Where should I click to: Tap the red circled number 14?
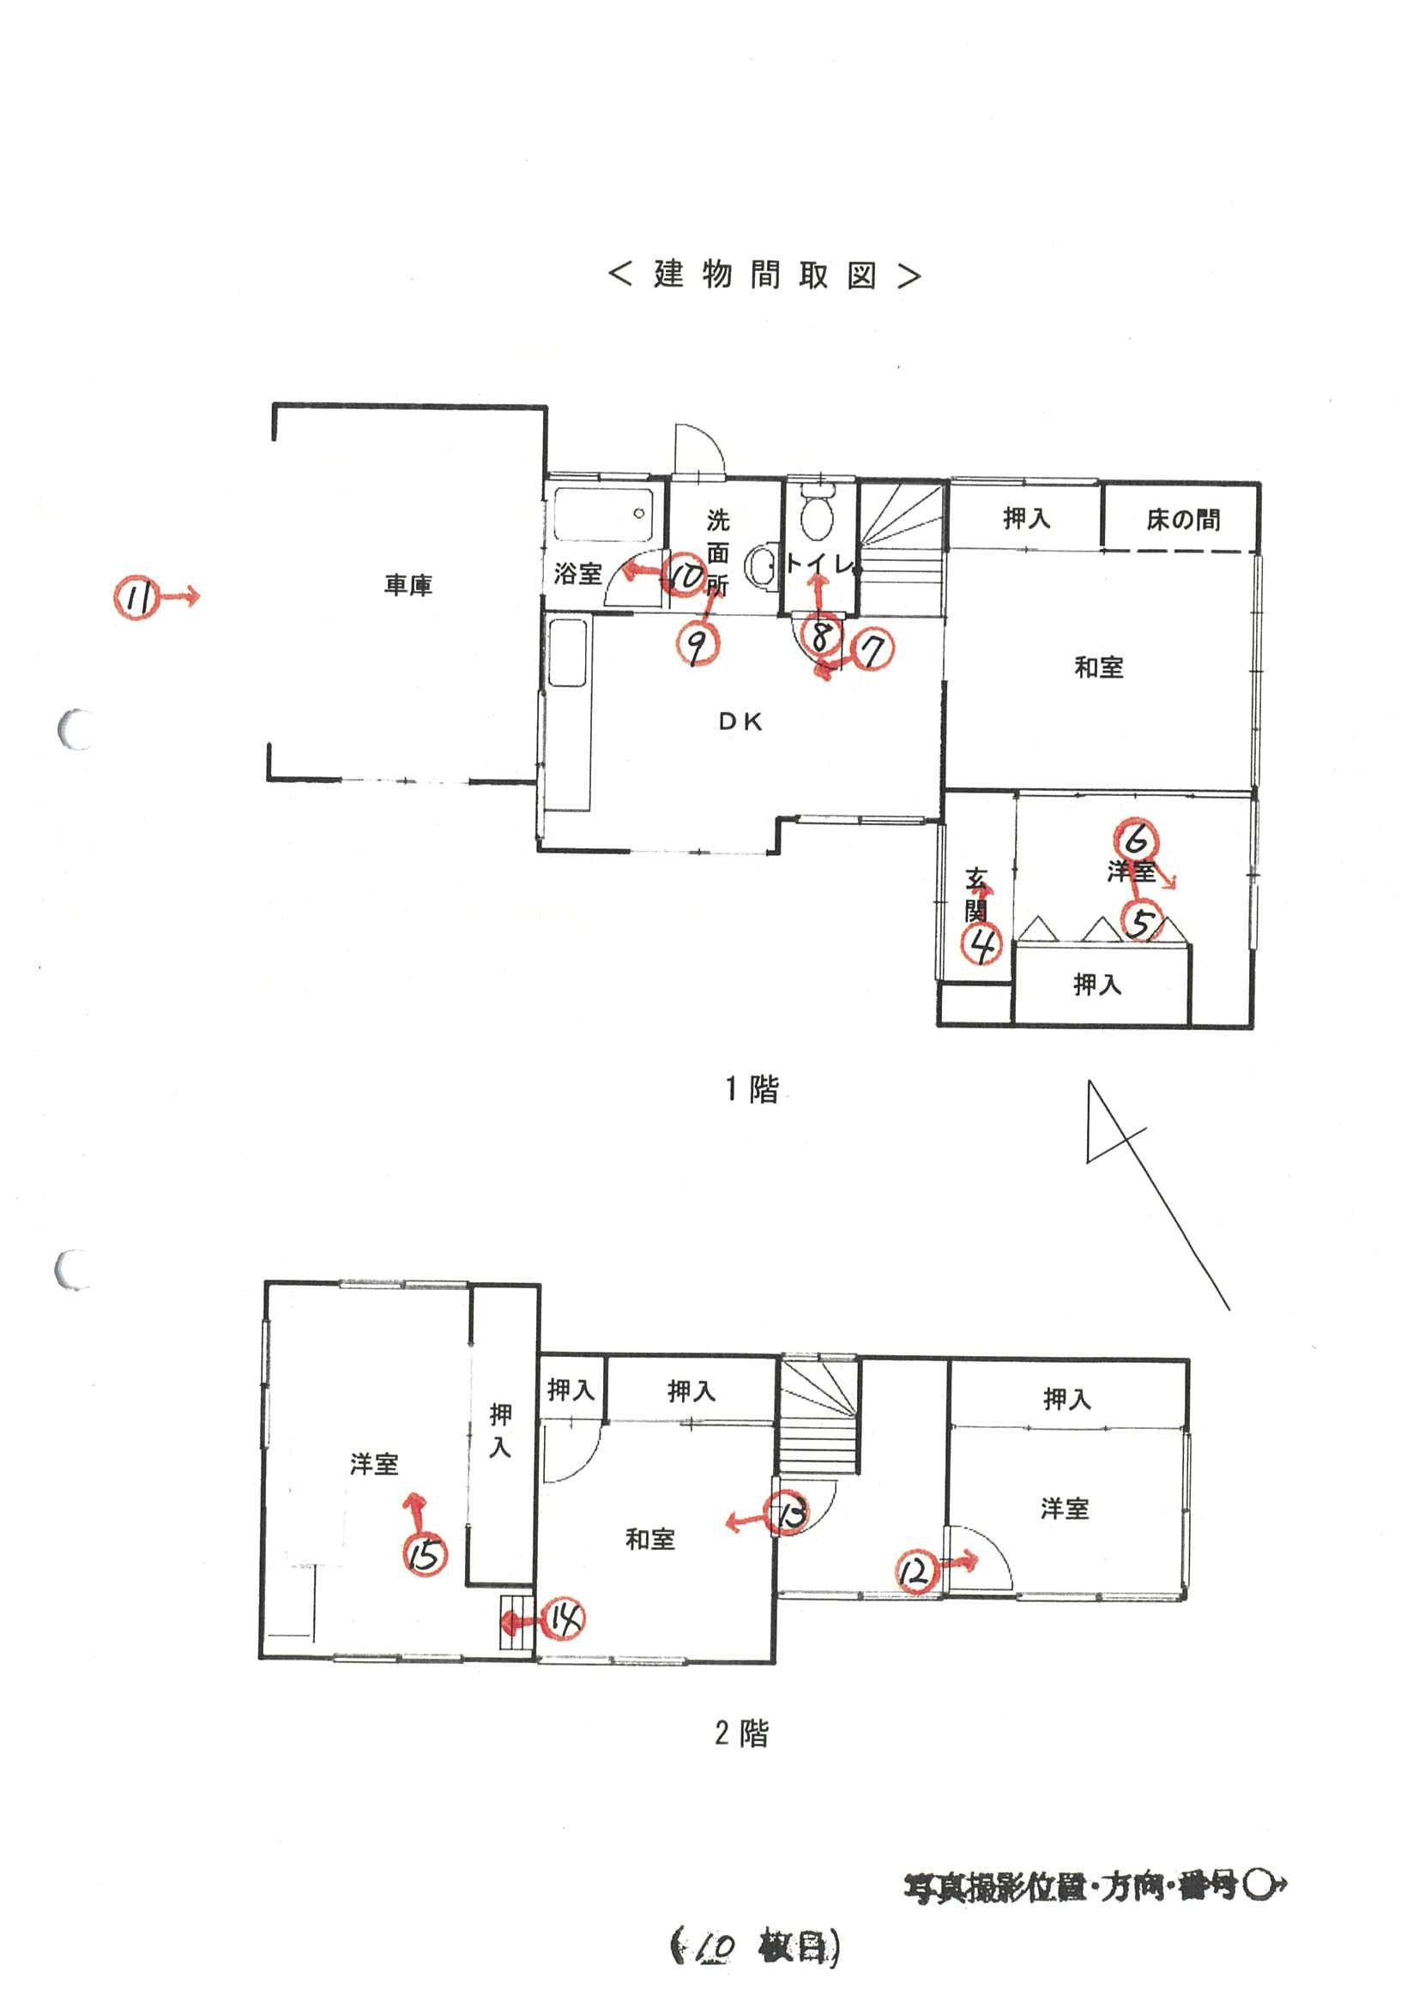565,1620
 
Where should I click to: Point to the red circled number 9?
697,646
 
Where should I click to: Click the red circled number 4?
981,944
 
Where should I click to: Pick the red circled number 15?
425,1554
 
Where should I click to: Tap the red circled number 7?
872,649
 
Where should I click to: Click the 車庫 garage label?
408,585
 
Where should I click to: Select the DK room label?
740,722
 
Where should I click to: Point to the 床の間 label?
1182,520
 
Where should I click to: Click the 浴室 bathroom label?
578,574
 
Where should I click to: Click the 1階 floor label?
752,1089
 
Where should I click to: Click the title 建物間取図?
764,275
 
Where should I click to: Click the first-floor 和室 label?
1098,668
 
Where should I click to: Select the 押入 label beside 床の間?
1025,518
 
